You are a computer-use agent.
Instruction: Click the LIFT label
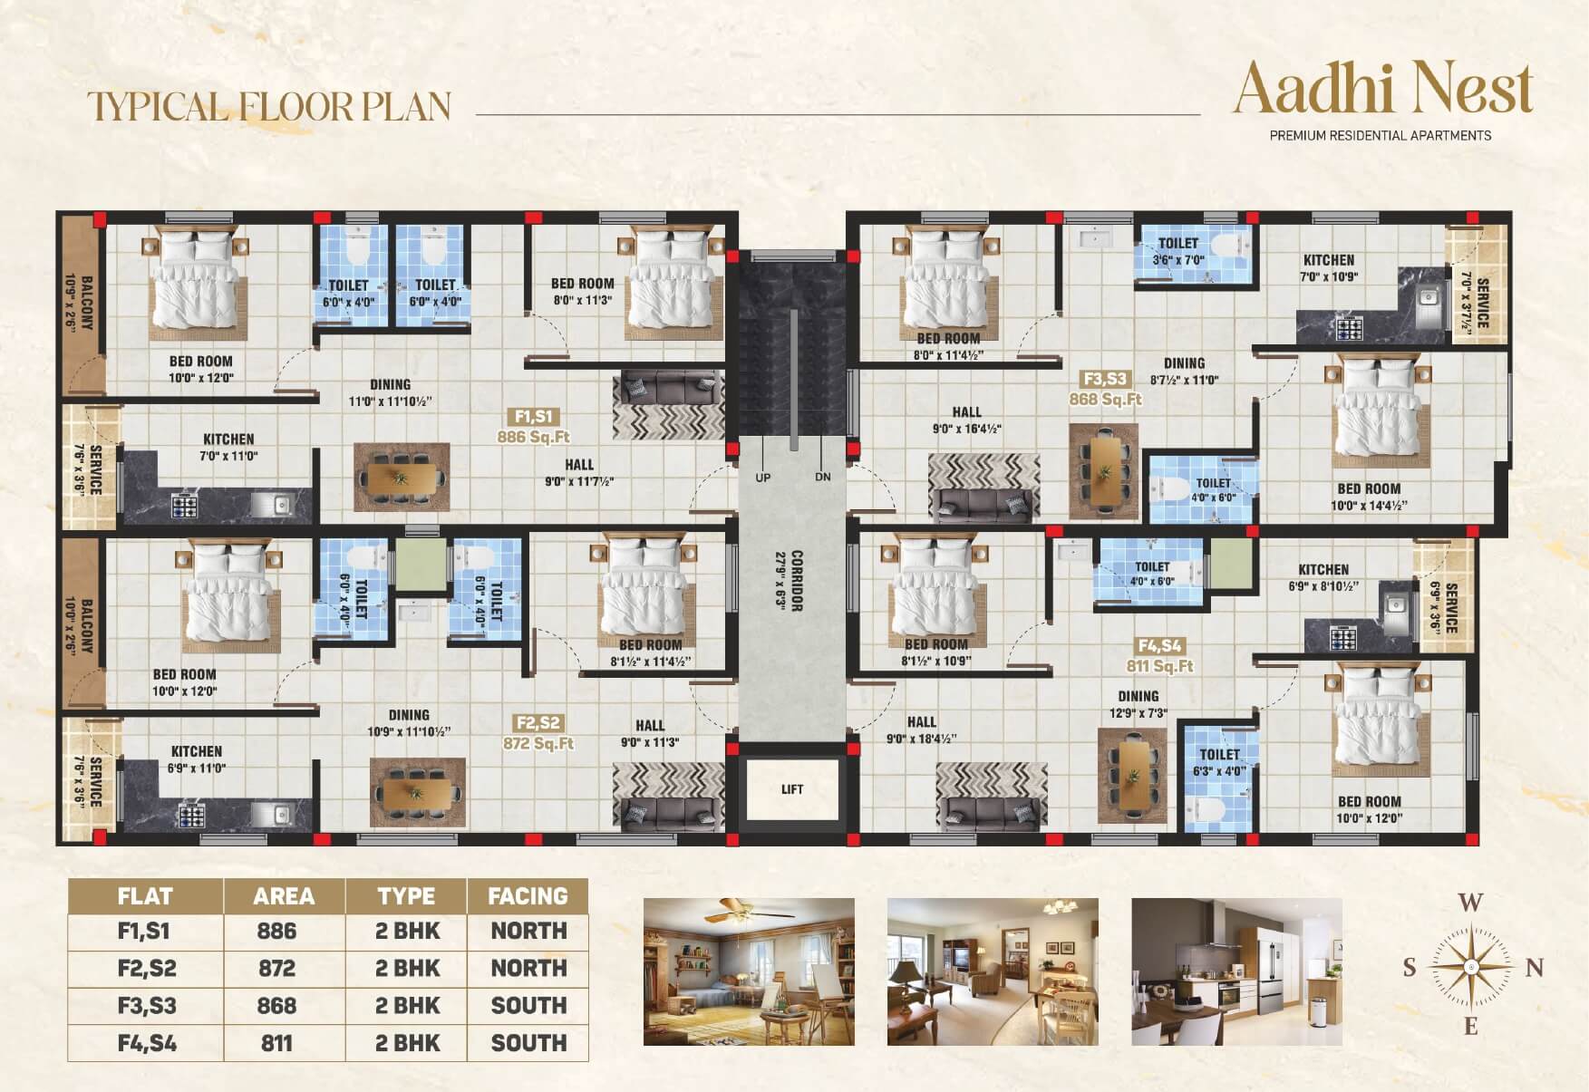pos(792,789)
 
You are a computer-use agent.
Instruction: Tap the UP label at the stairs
pos(763,478)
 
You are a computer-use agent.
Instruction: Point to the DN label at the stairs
pos(822,477)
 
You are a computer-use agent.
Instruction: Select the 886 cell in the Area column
pos(276,931)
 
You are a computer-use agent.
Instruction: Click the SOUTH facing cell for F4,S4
pos(528,1043)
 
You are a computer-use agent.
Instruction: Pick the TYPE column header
pos(406,896)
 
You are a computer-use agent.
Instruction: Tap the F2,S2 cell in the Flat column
pos(146,968)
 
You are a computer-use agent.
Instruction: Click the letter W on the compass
pos(1470,903)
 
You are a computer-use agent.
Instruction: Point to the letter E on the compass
pos(1470,1026)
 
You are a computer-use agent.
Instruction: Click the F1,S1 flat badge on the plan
pos(533,417)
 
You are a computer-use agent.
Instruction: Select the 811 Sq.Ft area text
pos(1160,666)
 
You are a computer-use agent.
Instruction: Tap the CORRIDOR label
pos(797,581)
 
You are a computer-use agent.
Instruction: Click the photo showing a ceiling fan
pos(749,971)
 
